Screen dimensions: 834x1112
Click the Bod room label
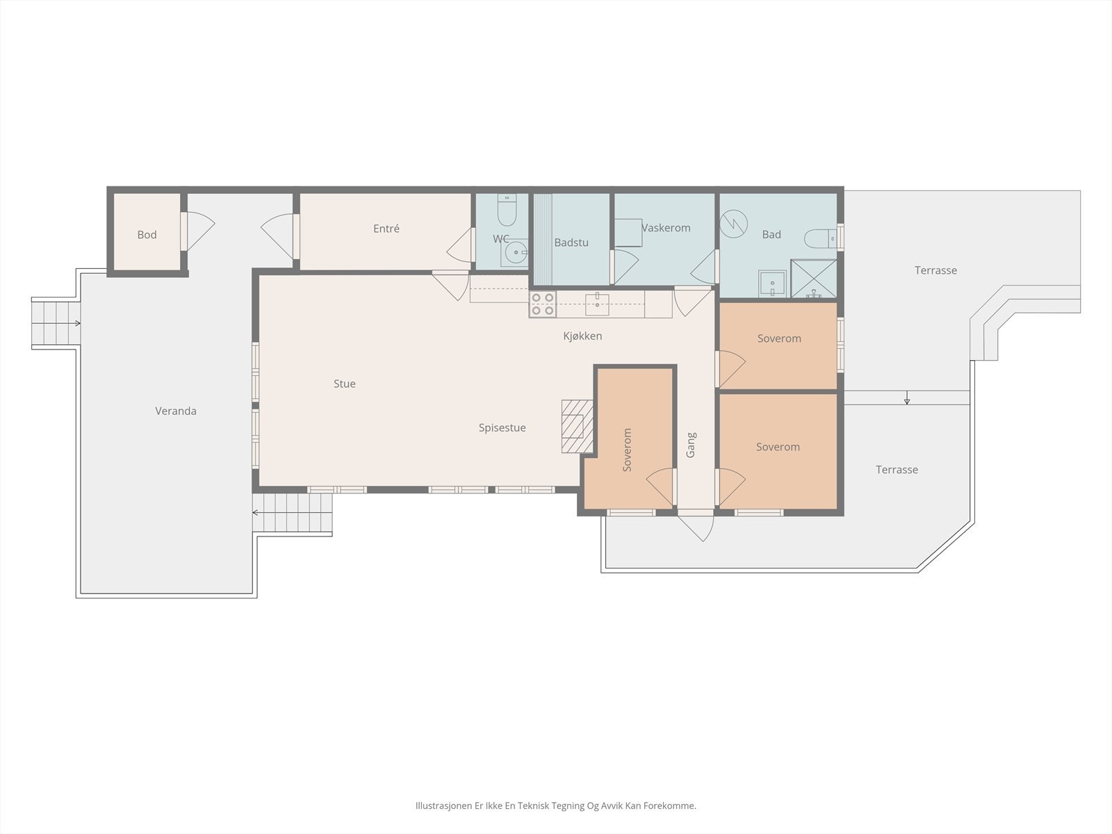[147, 235]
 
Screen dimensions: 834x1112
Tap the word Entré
[386, 229]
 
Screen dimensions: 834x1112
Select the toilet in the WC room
[507, 210]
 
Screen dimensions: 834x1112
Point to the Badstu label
[571, 243]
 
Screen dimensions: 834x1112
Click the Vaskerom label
[666, 228]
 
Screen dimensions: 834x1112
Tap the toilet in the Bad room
[821, 238]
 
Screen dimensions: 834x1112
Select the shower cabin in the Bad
[814, 279]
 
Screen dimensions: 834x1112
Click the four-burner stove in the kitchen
[543, 304]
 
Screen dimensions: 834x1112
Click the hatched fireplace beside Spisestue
[577, 426]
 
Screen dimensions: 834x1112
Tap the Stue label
[345, 384]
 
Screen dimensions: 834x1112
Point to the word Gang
[691, 445]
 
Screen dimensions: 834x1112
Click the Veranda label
[176, 411]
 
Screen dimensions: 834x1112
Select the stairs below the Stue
[293, 513]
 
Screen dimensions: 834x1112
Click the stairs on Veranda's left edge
[54, 323]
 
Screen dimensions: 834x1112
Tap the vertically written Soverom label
[628, 450]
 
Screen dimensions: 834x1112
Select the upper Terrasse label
[935, 270]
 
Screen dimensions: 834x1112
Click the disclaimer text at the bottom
[556, 806]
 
